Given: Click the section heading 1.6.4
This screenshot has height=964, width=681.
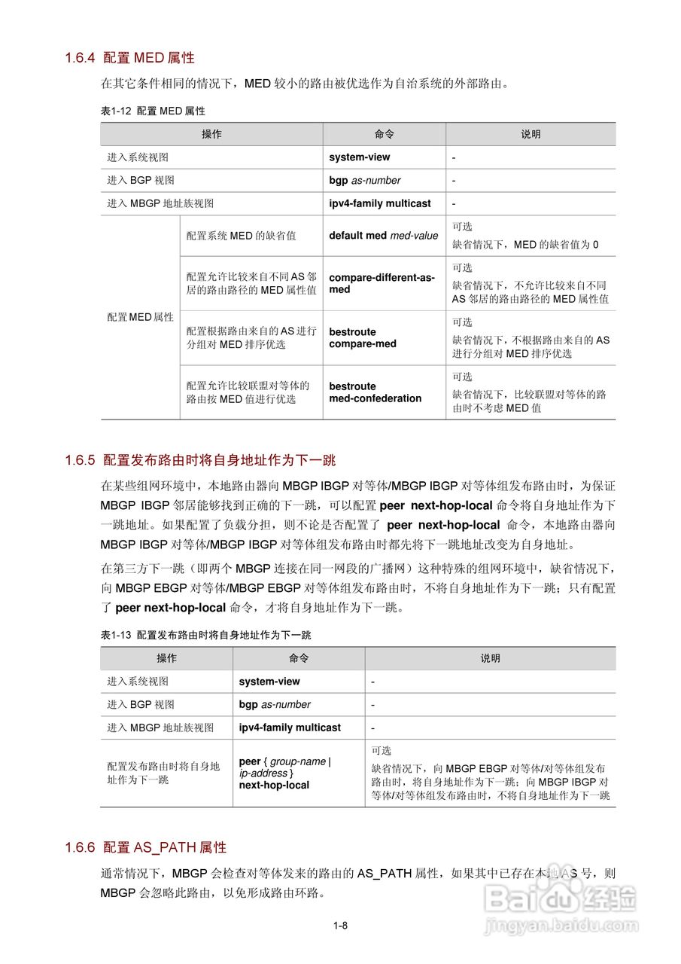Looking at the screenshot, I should point(129,57).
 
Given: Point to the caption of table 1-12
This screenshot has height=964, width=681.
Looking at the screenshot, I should point(153,111).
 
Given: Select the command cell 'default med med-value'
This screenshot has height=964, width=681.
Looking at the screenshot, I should point(383,236).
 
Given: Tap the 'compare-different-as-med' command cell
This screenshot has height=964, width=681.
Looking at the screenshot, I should point(382,283).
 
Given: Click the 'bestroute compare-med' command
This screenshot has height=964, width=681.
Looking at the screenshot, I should point(362,338).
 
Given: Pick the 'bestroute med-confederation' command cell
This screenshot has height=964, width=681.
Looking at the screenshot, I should point(375,392).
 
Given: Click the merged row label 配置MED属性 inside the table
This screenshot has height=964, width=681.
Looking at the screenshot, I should point(140,317).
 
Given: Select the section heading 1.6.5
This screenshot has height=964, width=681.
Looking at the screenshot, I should point(200,460).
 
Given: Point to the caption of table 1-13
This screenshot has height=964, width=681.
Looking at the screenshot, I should point(205,635).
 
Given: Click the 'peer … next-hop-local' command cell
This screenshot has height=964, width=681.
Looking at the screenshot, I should point(284,773).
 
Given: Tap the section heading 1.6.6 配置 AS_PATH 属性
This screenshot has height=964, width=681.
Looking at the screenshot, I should point(145,847).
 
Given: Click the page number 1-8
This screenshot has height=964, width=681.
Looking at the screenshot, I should point(340,926).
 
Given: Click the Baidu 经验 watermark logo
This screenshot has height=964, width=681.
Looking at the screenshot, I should point(561,898).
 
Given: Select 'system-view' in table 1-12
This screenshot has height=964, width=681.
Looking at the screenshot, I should point(359,157).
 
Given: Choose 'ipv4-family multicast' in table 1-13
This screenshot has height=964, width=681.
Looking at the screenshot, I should point(290,728).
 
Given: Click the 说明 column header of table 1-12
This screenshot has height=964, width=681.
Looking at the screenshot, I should point(531,134).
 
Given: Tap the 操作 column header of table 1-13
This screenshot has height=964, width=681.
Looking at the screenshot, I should point(166,658).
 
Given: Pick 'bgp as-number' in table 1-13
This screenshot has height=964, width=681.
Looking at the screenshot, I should point(275,704).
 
